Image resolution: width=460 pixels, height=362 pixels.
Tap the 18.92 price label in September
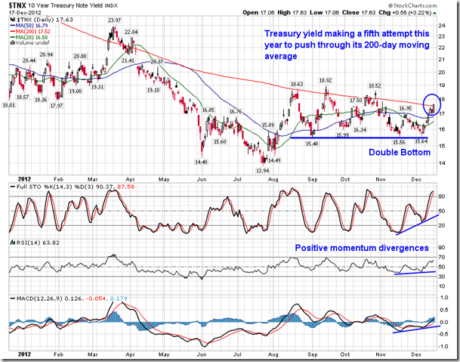326,80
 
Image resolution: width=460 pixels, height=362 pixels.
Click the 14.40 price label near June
200,162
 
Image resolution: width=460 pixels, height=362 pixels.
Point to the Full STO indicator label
21,178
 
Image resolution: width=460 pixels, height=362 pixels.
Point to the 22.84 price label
131,32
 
